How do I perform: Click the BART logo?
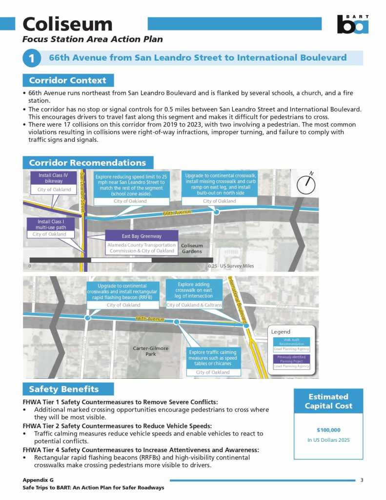[x=353, y=24]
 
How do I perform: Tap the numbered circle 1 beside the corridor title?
[x=31, y=59]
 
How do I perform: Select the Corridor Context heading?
[x=68, y=80]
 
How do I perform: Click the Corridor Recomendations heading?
[x=87, y=163]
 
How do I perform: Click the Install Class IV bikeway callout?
[x=54, y=182]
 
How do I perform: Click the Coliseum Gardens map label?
[x=192, y=248]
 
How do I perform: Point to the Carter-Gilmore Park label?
[x=151, y=351]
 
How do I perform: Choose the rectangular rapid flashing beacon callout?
[x=122, y=295]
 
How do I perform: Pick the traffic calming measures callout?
[x=212, y=361]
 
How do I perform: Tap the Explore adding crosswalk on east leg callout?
[x=194, y=294]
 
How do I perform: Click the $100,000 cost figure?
[x=328, y=430]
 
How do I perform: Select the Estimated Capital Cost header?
[x=328, y=401]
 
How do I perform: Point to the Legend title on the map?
[x=281, y=332]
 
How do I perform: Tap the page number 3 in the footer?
[x=362, y=480]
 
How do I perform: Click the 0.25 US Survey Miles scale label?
[x=231, y=266]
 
